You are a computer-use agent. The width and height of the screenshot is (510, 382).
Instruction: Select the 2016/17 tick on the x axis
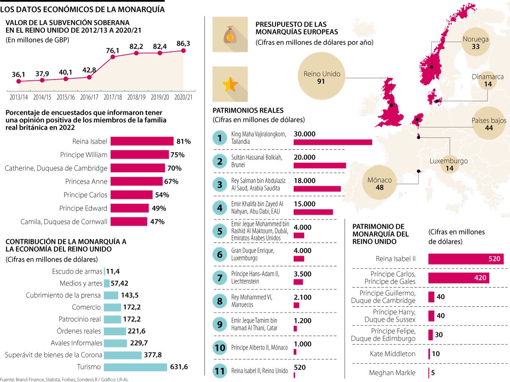(x=89, y=97)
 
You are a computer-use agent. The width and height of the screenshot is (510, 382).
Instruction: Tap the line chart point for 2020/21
(x=184, y=50)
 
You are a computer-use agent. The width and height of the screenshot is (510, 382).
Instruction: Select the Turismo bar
(x=136, y=367)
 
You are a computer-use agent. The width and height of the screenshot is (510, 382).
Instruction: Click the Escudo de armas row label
(x=77, y=272)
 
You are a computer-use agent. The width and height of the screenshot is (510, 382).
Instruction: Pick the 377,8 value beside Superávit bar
(x=153, y=355)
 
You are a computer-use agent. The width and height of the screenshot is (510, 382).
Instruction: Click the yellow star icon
(x=229, y=84)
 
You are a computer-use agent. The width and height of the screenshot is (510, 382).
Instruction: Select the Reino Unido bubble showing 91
(x=322, y=77)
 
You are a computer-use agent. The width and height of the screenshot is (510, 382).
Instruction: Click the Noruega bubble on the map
(x=476, y=43)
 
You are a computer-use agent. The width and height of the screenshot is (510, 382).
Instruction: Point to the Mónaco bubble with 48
(x=380, y=183)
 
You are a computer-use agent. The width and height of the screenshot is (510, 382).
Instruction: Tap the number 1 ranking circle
(x=220, y=138)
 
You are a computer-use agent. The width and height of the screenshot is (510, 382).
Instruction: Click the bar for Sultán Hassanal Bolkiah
(x=320, y=165)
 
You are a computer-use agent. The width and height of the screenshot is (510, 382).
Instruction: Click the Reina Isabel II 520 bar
(x=465, y=259)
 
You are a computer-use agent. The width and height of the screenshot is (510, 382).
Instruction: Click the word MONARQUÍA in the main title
(x=138, y=9)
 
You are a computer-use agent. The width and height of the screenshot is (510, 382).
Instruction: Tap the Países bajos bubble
(x=489, y=124)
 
